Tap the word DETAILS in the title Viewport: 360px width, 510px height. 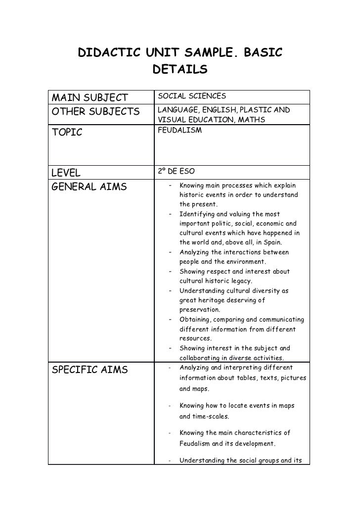coord(180,70)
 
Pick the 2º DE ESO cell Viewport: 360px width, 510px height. coord(176,172)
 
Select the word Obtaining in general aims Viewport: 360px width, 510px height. coord(196,319)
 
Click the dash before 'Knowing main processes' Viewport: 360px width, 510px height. coord(170,186)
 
